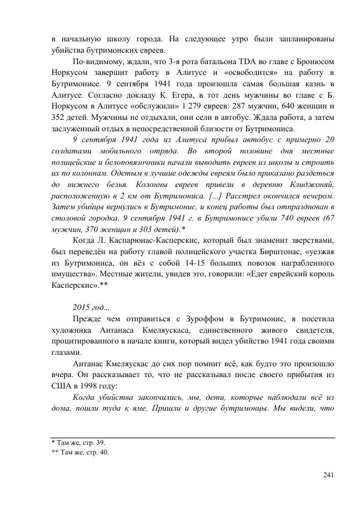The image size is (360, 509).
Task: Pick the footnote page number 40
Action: pos(106,453)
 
